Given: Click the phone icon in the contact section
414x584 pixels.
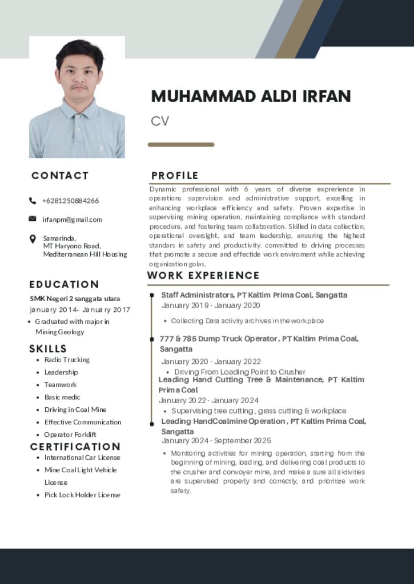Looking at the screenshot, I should [x=33, y=201].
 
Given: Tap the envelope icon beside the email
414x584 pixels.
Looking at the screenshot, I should [x=33, y=219].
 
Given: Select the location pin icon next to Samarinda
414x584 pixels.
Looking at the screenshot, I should [x=33, y=239].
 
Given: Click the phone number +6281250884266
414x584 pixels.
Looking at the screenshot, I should [x=70, y=201].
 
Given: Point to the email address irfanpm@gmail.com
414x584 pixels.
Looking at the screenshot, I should [x=73, y=220].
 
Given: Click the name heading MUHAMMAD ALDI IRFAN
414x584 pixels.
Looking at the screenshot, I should [x=251, y=96].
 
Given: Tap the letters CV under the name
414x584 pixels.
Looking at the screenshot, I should [x=160, y=121].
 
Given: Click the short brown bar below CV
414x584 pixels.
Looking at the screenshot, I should [x=181, y=145].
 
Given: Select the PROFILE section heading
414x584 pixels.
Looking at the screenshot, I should [x=175, y=176].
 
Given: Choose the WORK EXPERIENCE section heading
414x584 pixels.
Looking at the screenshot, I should [x=203, y=275].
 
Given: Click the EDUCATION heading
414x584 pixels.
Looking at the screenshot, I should [x=64, y=284].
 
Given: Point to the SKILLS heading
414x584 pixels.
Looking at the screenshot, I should [x=48, y=348].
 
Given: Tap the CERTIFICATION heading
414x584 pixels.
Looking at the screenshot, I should [x=75, y=447].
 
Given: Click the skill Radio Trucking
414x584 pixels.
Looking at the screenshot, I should [x=67, y=360].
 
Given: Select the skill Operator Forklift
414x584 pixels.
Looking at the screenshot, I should [x=70, y=435].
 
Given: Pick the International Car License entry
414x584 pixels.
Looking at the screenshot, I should [x=82, y=457].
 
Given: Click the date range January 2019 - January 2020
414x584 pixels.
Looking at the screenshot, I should [x=211, y=306].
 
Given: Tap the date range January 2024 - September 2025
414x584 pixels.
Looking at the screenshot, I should [x=216, y=441].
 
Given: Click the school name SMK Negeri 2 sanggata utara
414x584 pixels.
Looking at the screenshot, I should [x=75, y=298].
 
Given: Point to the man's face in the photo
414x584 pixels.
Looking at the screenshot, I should [x=79, y=74].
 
